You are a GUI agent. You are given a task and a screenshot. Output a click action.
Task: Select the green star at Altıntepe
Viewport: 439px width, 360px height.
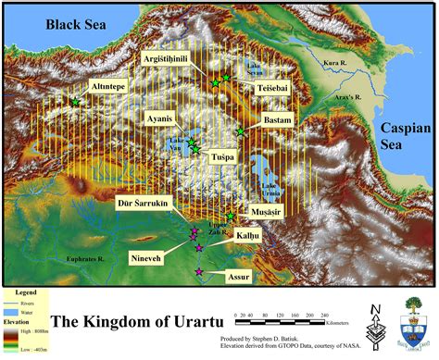pyautogui.click(x=75, y=103)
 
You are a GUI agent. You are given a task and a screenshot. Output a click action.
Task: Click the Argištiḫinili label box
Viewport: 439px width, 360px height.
pyautogui.click(x=177, y=58)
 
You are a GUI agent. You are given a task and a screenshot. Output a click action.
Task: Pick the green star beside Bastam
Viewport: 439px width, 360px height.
pyautogui.click(x=241, y=132)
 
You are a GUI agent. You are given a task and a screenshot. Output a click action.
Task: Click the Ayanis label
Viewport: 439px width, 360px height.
pyautogui.click(x=162, y=118)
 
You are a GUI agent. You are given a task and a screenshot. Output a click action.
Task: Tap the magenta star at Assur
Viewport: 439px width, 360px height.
pyautogui.click(x=199, y=271)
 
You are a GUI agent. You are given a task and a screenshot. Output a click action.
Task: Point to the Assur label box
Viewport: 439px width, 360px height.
pyautogui.click(x=239, y=276)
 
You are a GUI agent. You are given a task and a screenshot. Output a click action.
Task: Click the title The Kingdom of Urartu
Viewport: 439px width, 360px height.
pyautogui.click(x=141, y=323)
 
